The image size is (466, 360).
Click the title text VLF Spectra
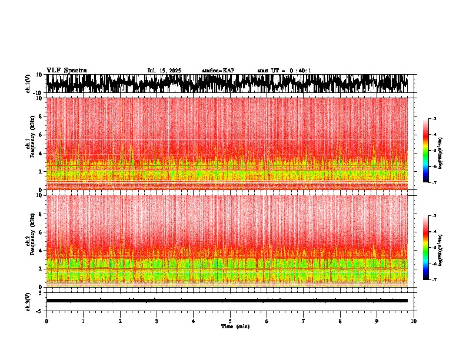66,71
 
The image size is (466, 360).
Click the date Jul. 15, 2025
164,71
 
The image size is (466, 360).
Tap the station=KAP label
218,71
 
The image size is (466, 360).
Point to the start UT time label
284,71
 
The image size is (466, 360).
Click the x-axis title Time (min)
235,326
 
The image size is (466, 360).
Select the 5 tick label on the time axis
230,321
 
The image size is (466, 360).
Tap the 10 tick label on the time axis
414,321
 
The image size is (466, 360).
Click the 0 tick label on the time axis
46,321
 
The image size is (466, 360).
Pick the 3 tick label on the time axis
157,321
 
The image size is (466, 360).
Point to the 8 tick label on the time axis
340,321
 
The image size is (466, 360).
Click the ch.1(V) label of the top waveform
28,84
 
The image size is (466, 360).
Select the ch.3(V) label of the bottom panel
28,301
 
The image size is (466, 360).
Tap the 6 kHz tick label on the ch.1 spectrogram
40,135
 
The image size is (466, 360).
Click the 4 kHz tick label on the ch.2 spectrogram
40,251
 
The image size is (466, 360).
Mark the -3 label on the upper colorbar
434,119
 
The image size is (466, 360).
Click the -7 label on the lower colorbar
434,280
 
